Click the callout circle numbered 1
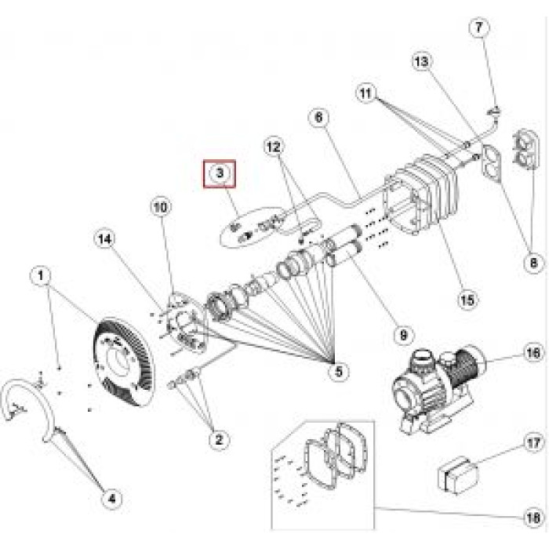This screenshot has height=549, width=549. point(42,275)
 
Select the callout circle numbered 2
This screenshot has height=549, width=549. point(219,440)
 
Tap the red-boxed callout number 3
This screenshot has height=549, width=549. point(220,172)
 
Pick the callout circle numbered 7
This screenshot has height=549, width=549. point(479,27)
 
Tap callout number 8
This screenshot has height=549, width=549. point(533,263)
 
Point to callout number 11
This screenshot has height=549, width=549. point(365,93)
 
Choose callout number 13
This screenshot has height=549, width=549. point(421,61)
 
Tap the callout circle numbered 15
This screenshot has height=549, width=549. point(467,299)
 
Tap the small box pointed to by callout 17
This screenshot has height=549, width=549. point(456,474)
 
